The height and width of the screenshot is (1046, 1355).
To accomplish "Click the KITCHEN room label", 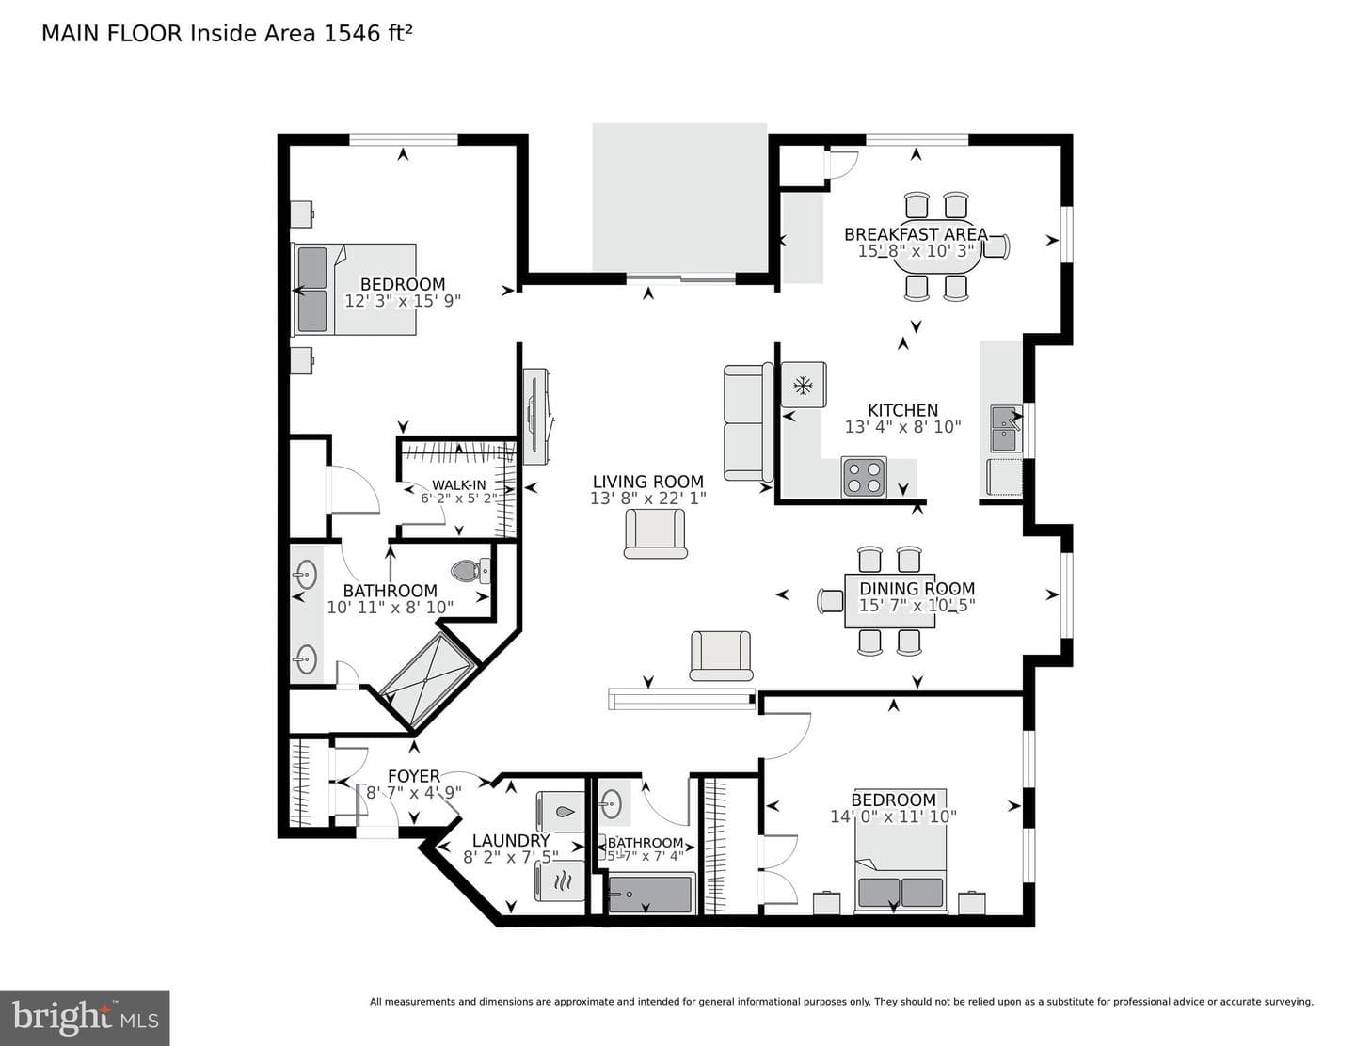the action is point(902,410).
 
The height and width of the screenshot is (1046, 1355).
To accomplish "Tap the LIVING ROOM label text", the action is point(648,482).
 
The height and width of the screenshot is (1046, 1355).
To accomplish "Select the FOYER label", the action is point(413,776).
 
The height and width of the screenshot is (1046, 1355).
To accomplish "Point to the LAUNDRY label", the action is point(511,841).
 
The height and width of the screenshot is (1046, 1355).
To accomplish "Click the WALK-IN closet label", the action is point(458,485).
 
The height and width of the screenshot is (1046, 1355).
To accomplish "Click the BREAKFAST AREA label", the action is point(916,234).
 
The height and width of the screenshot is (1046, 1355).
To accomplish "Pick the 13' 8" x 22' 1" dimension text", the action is point(648,499).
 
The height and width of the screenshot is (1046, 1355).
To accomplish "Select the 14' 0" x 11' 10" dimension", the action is point(894,816).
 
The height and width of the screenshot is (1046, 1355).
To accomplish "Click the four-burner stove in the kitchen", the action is point(864,478).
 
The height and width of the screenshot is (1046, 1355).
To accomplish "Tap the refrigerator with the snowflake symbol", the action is point(804,385).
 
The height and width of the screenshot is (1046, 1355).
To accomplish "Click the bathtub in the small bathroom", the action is point(651,895).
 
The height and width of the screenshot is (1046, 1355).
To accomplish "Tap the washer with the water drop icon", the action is point(560,811).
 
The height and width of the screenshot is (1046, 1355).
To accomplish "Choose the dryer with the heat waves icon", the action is point(560,880).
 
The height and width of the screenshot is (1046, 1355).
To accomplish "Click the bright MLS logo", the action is point(85,1018).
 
